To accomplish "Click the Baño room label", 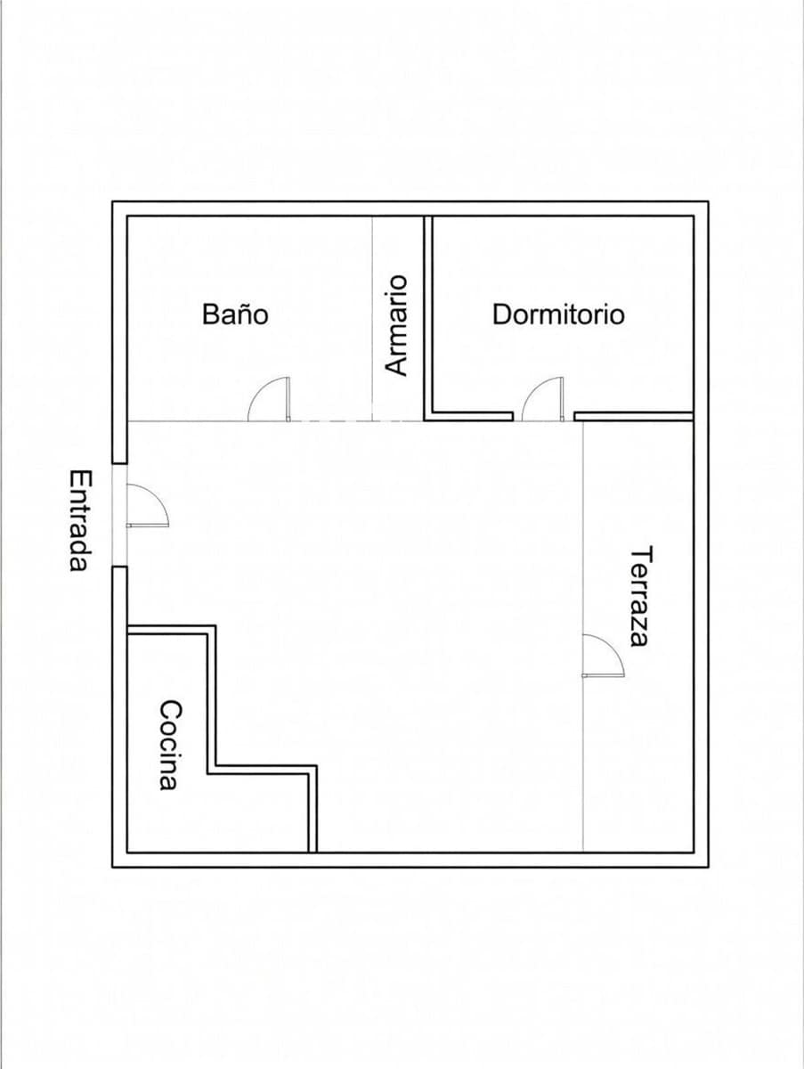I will point(235,314).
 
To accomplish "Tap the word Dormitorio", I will point(558,314).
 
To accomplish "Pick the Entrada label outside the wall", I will point(81,520).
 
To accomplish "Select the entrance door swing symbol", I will point(146,505).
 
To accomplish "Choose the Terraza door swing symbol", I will point(602,656).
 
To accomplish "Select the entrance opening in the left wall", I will point(119,515).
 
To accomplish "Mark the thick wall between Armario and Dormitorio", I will point(427,312).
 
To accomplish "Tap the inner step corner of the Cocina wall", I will point(213,768).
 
